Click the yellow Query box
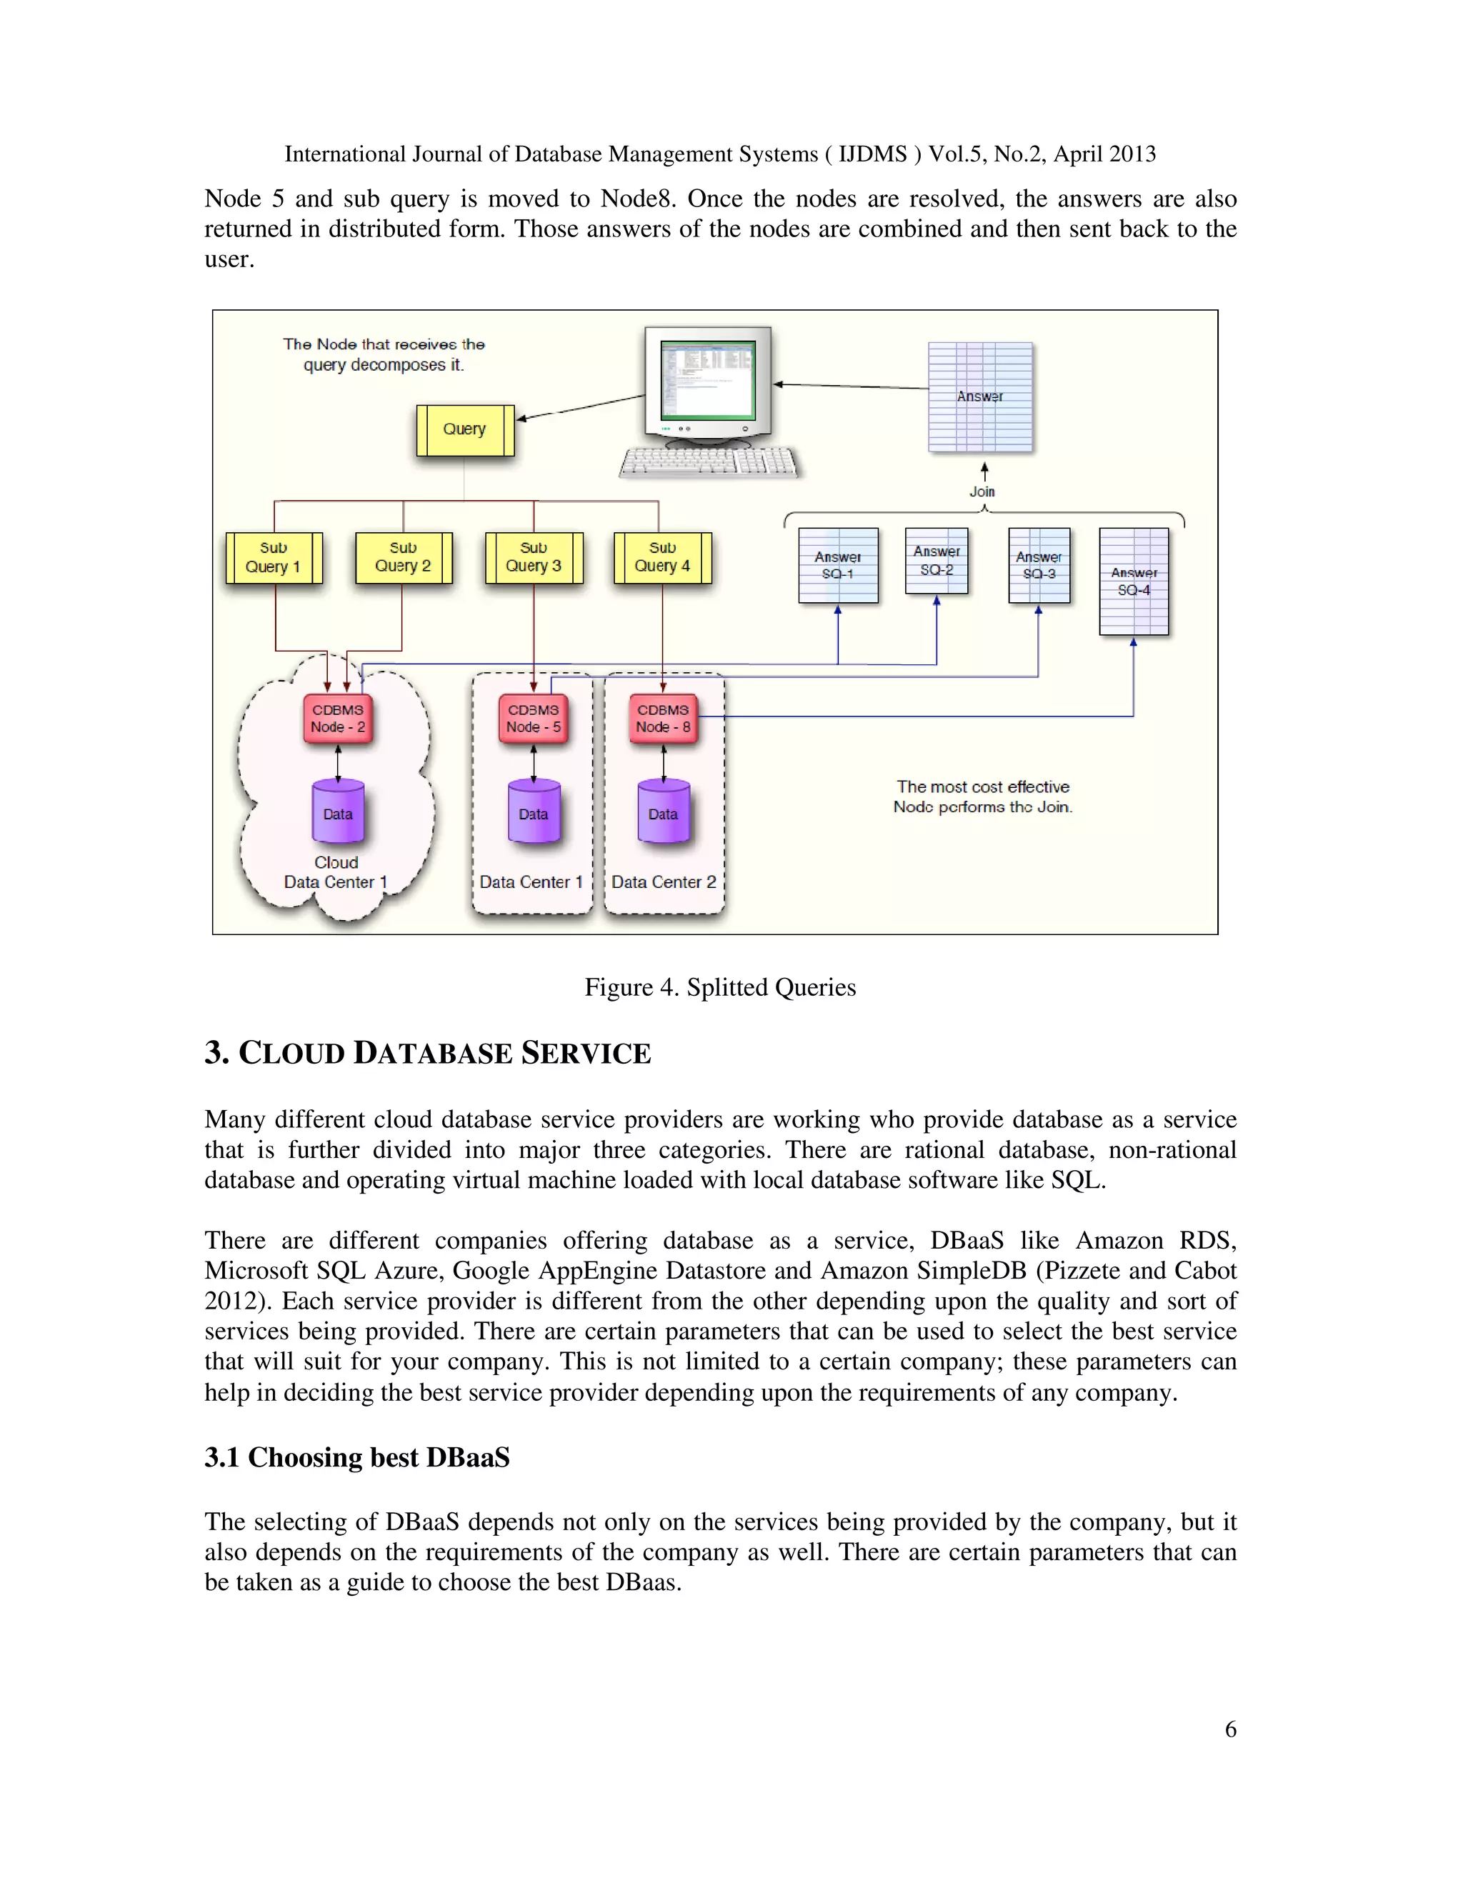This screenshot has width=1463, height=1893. click(464, 430)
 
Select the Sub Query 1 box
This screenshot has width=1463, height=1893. click(274, 557)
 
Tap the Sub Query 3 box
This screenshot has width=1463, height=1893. click(534, 557)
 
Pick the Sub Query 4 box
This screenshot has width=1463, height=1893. click(662, 557)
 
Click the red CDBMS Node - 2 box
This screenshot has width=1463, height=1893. click(338, 719)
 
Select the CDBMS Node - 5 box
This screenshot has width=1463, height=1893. click(534, 719)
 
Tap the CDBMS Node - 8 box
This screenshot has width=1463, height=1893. click(663, 719)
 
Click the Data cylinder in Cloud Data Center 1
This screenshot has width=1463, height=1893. click(338, 812)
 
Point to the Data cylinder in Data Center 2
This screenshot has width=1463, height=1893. click(663, 812)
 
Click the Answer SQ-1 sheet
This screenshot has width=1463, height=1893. click(838, 565)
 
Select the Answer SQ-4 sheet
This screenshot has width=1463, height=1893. click(1134, 581)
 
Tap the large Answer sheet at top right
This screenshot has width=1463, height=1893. click(980, 397)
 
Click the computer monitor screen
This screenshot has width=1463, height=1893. click(707, 379)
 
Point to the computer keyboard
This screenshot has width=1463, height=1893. click(709, 462)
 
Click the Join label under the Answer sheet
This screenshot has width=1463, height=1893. click(982, 491)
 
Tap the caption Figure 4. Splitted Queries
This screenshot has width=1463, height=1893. click(719, 987)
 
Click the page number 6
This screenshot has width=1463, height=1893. click(1230, 1729)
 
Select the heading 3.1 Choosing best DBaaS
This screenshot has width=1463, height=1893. click(357, 1457)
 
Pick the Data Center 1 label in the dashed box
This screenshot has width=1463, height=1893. click(531, 881)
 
